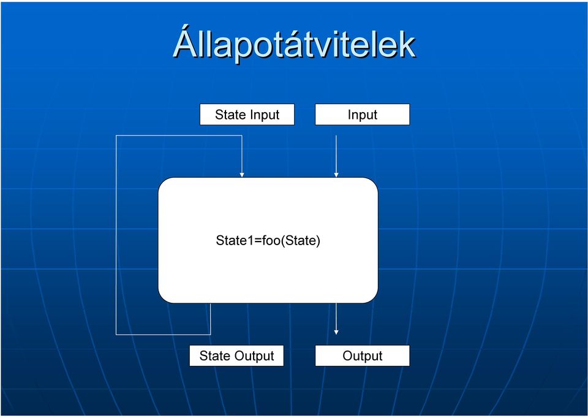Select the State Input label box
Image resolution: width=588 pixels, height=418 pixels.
(247, 115)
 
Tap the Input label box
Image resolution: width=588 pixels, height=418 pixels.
(362, 115)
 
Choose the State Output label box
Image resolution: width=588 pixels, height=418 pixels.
(236, 355)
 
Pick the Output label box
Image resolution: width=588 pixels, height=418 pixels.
(362, 355)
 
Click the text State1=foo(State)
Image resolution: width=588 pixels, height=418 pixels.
(268, 240)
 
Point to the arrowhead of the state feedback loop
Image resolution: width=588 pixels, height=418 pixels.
(242, 175)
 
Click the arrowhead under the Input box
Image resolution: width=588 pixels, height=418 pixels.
(336, 175)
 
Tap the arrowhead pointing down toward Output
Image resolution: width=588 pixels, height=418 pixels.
(336, 332)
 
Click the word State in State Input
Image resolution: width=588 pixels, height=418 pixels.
(230, 115)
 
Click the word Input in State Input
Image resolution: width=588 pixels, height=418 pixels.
(264, 115)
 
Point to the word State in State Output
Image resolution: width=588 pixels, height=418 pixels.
(214, 355)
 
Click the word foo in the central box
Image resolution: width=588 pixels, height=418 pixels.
(271, 240)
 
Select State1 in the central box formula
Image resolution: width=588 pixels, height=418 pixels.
(235, 240)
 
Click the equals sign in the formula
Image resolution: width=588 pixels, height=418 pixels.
(258, 241)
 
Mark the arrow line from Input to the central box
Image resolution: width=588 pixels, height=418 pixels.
(336, 156)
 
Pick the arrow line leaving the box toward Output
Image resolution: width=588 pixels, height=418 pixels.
(336, 319)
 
